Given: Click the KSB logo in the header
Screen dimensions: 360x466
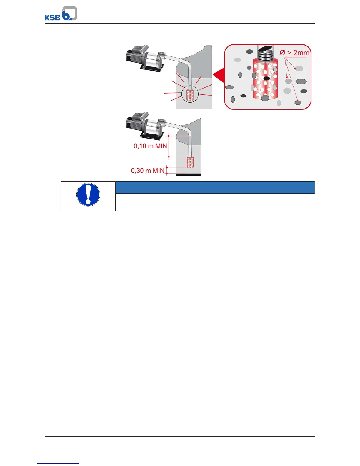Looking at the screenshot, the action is click(x=61, y=14).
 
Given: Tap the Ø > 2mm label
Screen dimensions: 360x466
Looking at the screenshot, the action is click(x=294, y=53).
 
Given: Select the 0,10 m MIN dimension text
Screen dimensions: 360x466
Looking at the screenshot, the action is click(x=150, y=146).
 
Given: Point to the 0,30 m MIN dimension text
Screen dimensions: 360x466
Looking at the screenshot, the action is click(x=148, y=171).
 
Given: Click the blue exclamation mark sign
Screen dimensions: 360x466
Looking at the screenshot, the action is click(x=88, y=195).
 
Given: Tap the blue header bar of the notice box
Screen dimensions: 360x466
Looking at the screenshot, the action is click(x=215, y=187).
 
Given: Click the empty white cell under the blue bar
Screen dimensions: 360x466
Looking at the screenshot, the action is click(x=215, y=202).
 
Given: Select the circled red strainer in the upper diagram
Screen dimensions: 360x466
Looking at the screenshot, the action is click(x=190, y=95).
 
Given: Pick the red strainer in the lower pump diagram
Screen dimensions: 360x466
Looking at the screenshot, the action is click(x=190, y=162).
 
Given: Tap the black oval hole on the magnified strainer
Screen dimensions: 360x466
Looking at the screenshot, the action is click(x=266, y=79).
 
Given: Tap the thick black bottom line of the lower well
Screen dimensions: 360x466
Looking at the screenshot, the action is click(x=189, y=175).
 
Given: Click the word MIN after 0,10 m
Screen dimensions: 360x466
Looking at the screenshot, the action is click(x=161, y=146).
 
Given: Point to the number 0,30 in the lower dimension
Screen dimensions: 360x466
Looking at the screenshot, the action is click(x=137, y=171).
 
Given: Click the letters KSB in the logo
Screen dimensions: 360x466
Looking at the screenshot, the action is click(x=52, y=17).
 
